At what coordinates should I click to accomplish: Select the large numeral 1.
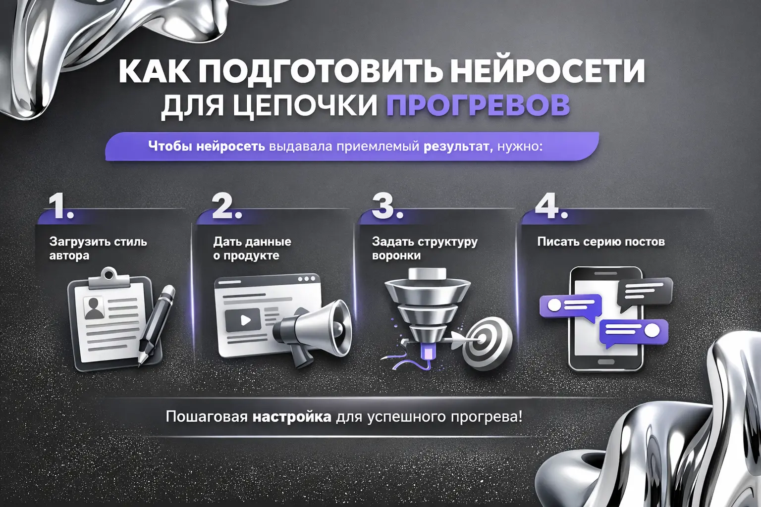click(60, 206)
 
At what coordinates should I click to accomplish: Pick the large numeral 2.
click(226, 206)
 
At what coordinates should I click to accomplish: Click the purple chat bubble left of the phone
click(570, 305)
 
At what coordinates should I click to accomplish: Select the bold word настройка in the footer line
click(292, 416)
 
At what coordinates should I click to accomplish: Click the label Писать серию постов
click(600, 242)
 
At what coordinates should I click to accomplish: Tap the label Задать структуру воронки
click(424, 248)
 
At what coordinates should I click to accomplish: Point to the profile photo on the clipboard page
click(93, 307)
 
